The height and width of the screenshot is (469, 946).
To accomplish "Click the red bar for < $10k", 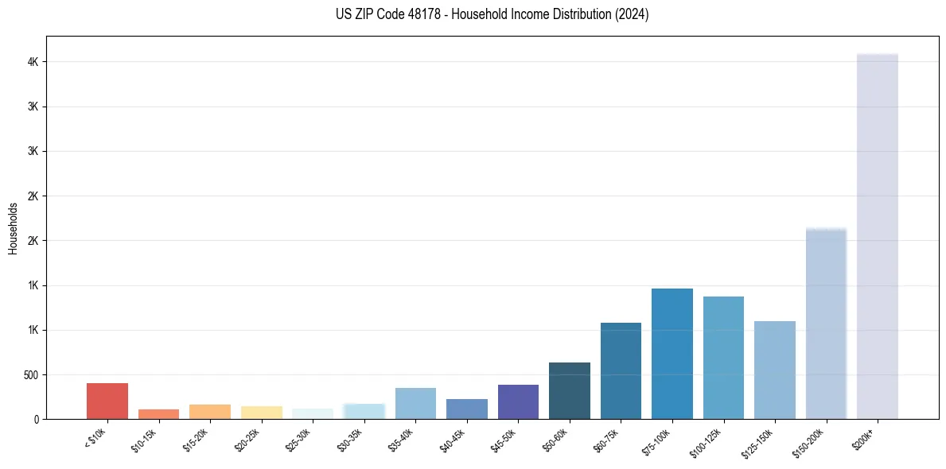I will click(107, 401).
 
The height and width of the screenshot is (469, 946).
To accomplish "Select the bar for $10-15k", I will click(158, 413).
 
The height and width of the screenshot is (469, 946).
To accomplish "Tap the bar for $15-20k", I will click(210, 411).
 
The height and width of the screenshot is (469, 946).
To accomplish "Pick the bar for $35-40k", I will click(415, 403).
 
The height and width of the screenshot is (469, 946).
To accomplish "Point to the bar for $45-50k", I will click(518, 401).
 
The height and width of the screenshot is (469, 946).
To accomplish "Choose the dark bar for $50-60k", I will click(570, 390).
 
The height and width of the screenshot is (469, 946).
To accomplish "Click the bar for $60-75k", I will click(621, 370).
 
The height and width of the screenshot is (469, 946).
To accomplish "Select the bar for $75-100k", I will click(672, 353).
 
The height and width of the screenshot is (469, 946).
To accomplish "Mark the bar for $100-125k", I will click(723, 357).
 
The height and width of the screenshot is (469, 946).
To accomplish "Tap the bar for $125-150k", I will click(775, 370).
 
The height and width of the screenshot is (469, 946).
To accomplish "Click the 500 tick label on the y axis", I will click(30, 374).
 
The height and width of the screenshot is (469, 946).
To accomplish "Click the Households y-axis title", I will click(14, 228).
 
